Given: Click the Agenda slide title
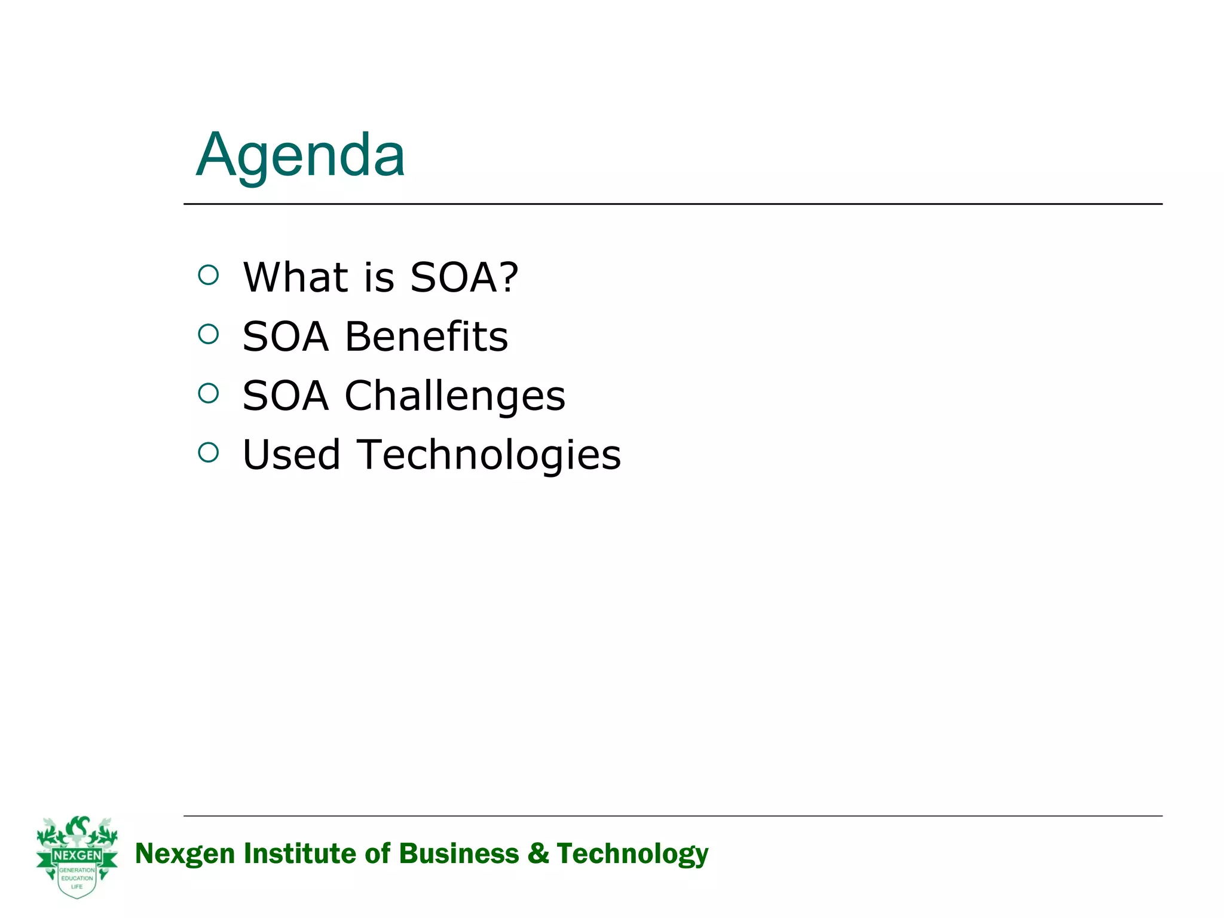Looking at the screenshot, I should [301, 155].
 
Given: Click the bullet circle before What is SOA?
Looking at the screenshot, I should [208, 276].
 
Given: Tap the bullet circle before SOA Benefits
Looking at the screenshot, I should [208, 334].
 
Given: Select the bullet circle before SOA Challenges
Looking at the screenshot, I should [208, 393].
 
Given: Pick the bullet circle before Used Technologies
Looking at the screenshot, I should [208, 452].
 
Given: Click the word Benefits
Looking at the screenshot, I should [426, 336].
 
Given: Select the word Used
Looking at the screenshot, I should [291, 455].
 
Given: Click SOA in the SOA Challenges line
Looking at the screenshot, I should [285, 396].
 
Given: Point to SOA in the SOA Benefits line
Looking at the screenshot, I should [285, 336].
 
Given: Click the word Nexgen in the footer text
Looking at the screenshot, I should [185, 854].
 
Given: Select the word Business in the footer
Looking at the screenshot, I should [459, 853].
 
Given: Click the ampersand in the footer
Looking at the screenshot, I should [538, 853].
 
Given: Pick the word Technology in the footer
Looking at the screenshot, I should [632, 854].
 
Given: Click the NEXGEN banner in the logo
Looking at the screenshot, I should [77, 856].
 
